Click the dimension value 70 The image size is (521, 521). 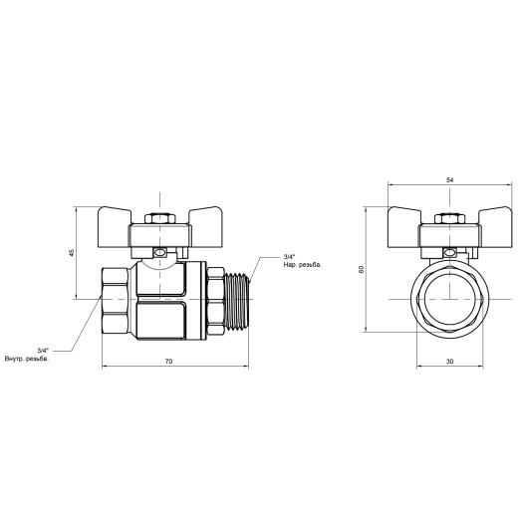pos(168,361)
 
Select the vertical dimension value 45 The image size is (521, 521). pos(71,253)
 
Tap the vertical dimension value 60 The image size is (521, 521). pos(362,269)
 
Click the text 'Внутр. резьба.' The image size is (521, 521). pos(26,359)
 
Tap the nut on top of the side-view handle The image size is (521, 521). pos(157,216)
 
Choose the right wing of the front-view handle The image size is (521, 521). pos(491,219)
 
